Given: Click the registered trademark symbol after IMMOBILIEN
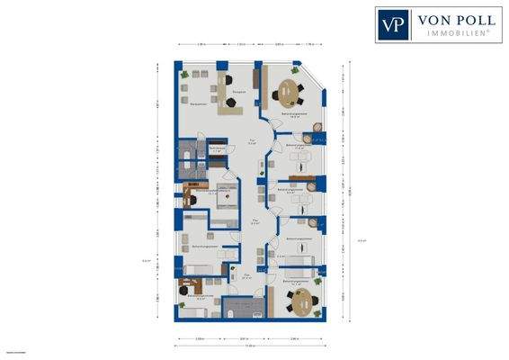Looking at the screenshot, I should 488,31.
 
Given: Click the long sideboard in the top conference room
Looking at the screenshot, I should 257,82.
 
